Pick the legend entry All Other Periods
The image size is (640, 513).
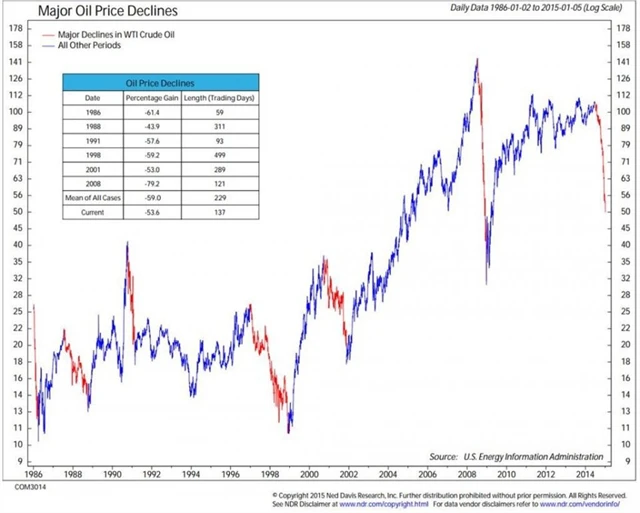pos(96,47)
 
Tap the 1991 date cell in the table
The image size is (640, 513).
pos(92,142)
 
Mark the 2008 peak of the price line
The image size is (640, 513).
pos(476,60)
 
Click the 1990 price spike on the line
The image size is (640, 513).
pos(127,243)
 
